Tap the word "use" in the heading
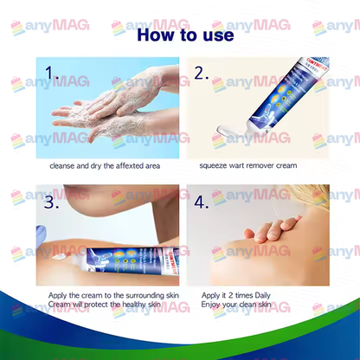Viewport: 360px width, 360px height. (x=216, y=35)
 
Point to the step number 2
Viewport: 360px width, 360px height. (x=201, y=74)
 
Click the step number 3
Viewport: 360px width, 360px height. (x=51, y=202)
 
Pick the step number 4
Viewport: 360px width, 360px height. (x=202, y=204)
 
